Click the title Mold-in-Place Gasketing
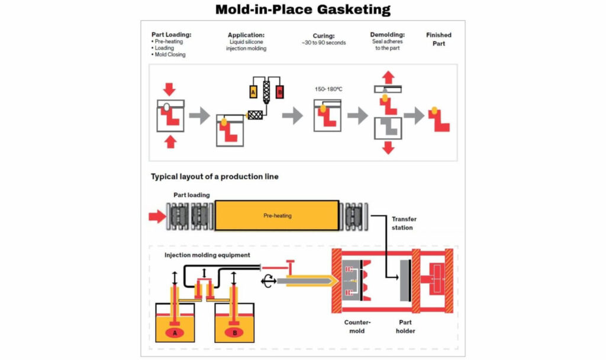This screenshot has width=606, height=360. tap(302, 9)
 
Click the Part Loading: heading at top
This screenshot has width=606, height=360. tap(171, 35)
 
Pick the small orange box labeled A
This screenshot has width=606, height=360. tap(253, 92)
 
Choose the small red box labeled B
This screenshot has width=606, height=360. tap(280, 92)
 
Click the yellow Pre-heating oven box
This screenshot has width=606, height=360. tap(277, 216)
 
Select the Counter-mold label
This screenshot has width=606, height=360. tap(357, 326)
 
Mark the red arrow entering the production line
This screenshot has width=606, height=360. tap(157, 216)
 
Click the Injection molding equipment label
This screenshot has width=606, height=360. tap(207, 255)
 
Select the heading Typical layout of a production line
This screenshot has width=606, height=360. tap(214, 176)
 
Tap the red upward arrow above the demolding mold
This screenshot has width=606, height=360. tap(388, 78)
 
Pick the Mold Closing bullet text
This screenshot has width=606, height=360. tap(170, 55)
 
